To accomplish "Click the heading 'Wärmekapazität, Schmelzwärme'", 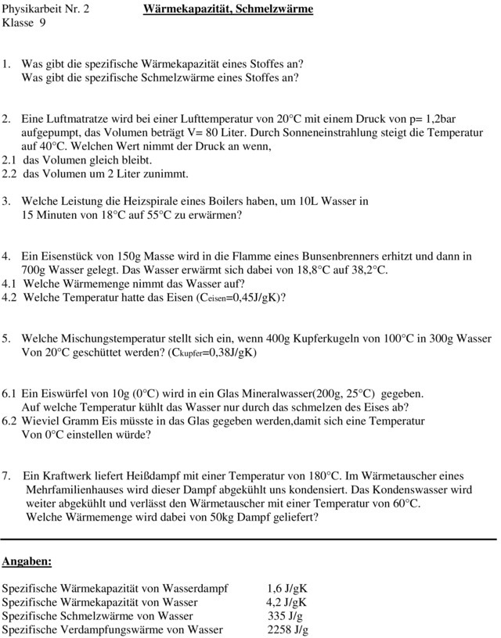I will (228, 9).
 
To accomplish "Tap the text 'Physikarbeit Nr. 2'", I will (45, 9).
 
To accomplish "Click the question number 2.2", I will (11, 174).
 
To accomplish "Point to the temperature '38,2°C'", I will (367, 270).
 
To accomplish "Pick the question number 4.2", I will (11, 297).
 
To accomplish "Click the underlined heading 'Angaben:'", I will (27, 561).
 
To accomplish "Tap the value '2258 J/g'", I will (287, 630).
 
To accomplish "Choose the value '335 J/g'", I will (285, 616).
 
